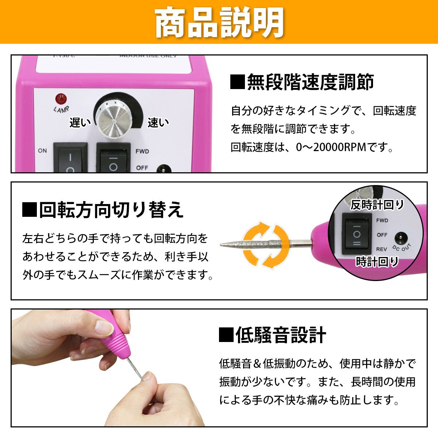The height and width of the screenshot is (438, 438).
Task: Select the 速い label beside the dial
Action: point(158,123)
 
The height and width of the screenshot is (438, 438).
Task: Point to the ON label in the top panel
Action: point(42,150)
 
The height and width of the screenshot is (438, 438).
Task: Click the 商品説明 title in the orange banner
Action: point(219,23)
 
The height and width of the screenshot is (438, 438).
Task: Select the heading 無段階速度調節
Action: point(302,82)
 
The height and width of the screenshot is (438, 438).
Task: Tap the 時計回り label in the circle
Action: point(377,262)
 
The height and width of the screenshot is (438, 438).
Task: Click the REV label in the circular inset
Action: point(382,250)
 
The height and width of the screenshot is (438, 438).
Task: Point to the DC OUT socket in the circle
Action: point(401,239)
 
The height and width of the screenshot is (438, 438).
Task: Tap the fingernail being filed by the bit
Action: point(147,376)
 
